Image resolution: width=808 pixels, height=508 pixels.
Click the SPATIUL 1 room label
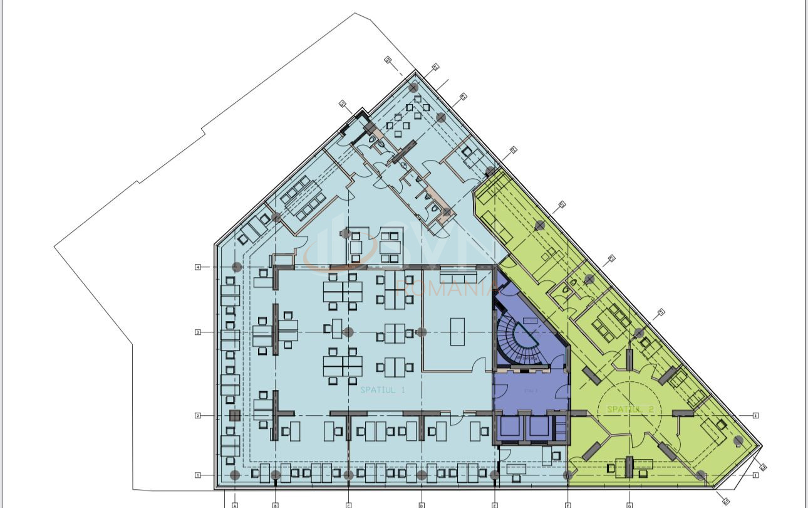(383, 389)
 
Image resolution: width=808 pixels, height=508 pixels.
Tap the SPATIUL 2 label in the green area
(630, 409)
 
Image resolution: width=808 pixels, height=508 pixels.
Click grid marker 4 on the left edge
(197, 267)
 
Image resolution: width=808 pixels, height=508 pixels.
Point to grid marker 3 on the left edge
(197, 332)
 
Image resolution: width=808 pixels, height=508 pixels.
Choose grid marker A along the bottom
(235, 504)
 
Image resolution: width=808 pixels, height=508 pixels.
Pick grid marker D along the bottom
(422, 504)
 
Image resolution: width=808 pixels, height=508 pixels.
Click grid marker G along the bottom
(629, 504)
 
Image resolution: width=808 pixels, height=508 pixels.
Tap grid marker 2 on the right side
(755, 415)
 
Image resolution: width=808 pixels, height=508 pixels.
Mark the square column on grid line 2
(234, 415)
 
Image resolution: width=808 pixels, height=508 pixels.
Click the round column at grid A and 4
(236, 267)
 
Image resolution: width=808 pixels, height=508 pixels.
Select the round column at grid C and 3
(349, 332)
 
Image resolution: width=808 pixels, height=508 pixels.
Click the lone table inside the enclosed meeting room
(457, 331)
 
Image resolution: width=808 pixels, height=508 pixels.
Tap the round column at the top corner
(413, 88)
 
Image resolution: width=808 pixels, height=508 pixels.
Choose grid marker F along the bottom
(567, 504)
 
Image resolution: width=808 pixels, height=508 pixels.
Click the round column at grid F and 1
(567, 475)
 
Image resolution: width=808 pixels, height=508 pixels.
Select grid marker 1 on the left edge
(197, 475)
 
